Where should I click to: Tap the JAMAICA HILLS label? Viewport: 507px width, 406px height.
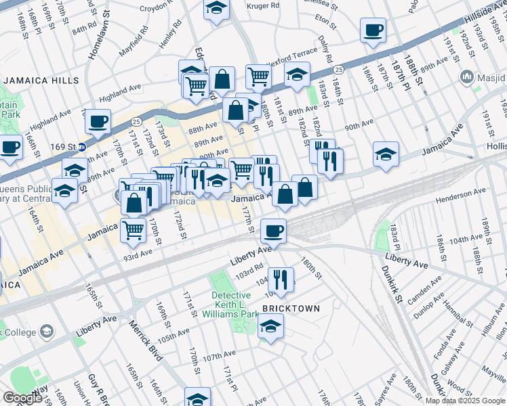coord(32,81)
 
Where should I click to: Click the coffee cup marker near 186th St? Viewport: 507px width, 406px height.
coord(373,30)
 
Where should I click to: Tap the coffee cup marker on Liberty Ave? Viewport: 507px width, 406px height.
coord(273,231)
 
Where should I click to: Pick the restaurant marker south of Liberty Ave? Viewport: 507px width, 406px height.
coord(280,278)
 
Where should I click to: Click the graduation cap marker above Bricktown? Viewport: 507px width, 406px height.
coord(270,327)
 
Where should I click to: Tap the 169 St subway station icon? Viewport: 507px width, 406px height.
coord(82,146)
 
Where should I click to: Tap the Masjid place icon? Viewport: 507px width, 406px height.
coord(466,76)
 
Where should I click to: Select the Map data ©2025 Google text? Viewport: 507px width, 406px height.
coord(464,401)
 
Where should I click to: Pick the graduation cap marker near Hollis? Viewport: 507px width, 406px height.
coord(386,154)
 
